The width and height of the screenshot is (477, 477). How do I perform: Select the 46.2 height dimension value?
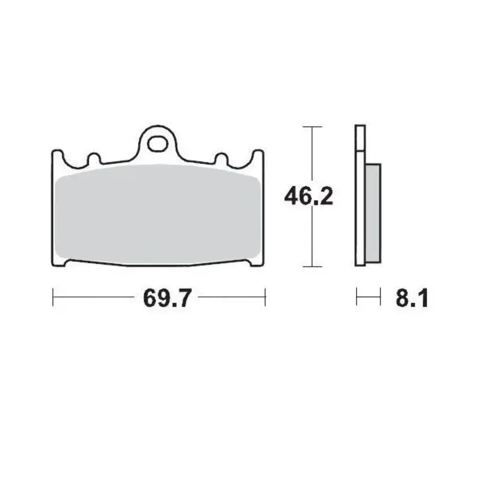308,196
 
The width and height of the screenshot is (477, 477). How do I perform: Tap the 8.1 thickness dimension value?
411,297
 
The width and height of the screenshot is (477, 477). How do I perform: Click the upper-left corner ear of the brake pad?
58,156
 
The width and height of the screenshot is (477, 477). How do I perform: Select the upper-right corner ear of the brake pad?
258,156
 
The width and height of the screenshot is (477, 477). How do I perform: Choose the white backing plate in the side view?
359,197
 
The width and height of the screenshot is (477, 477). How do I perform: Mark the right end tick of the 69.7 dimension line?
265,297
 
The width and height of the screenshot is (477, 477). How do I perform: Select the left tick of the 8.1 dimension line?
357,297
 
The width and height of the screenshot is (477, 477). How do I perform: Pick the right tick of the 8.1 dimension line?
379,297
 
